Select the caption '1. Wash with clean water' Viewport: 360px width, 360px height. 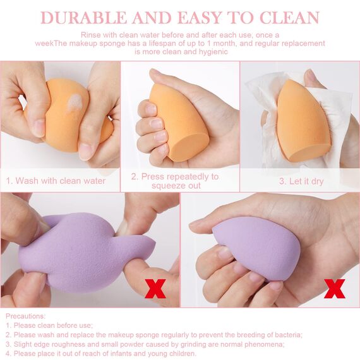[x=56, y=181]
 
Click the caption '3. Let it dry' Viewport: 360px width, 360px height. [x=301, y=181]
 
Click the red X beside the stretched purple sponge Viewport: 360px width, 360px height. [x=155, y=288]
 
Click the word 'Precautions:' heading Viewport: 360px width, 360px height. [x=26, y=316]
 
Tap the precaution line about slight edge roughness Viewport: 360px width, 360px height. [x=145, y=344]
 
